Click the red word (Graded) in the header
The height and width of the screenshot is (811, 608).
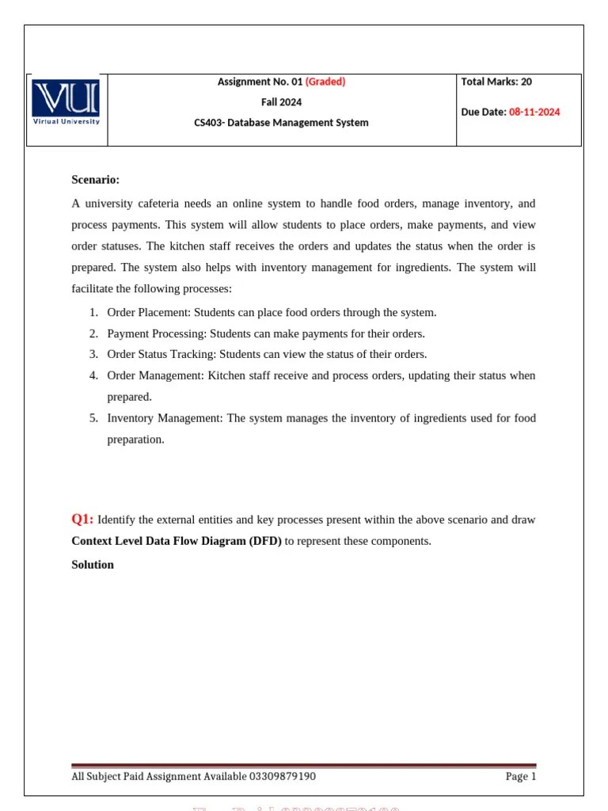pos(325,82)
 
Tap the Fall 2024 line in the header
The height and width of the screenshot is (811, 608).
pos(281,102)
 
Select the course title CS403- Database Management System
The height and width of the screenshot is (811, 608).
pos(281,123)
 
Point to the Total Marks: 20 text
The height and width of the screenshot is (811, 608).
pos(496,82)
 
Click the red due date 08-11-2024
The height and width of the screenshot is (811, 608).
pos(534,112)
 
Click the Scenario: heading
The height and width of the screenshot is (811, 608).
pos(95,180)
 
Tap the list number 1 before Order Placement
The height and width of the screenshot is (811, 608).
pos(93,312)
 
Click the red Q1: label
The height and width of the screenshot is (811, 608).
pos(82,520)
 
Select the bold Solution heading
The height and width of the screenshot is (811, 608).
pos(93,565)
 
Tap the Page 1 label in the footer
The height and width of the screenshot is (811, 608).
pos(521,776)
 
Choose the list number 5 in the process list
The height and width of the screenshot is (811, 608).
pos(93,417)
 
